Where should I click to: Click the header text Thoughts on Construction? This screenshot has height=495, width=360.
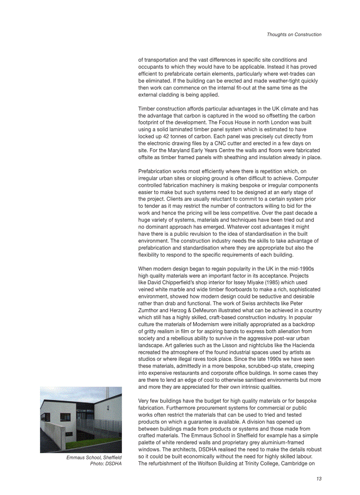pyautogui.click(x=294, y=34)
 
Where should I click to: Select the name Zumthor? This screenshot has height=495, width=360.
pyautogui.click(x=150, y=310)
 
